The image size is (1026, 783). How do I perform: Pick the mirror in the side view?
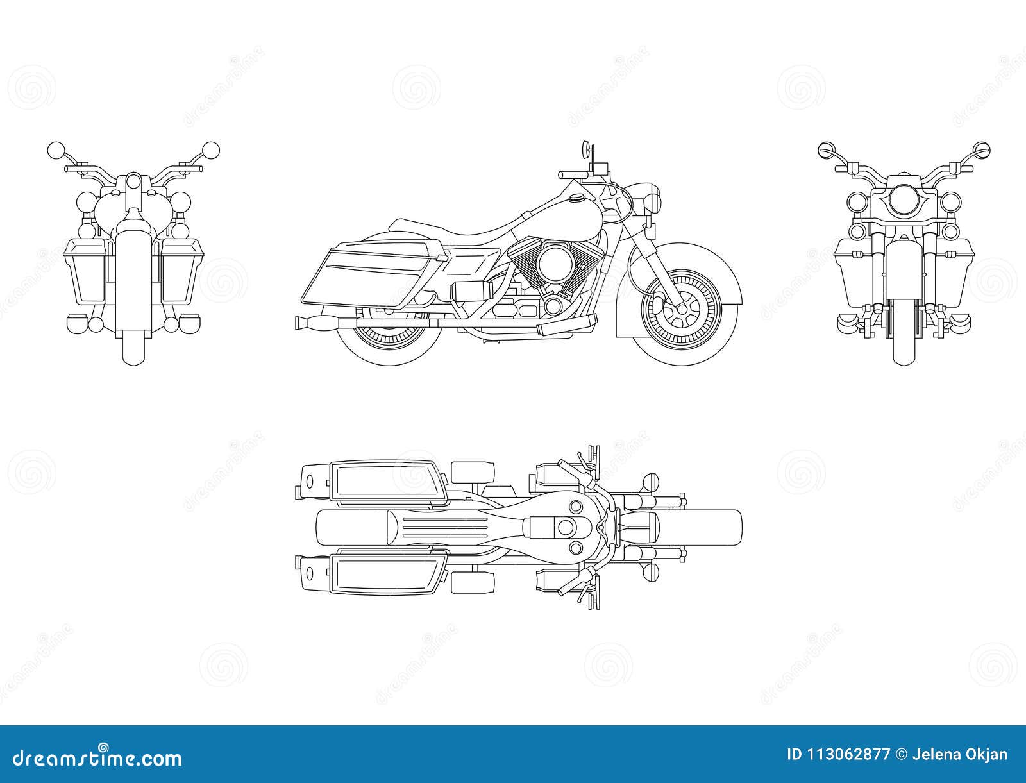click(585, 149)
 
